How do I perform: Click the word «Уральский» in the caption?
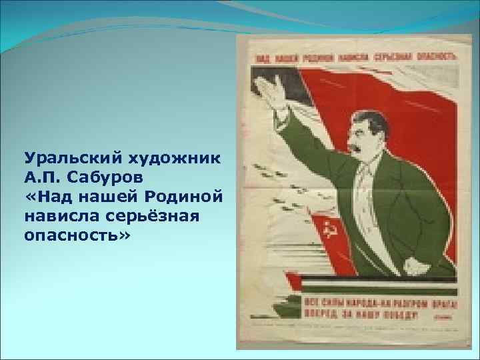pos(63,159)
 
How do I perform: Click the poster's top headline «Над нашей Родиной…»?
pos(353,57)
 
